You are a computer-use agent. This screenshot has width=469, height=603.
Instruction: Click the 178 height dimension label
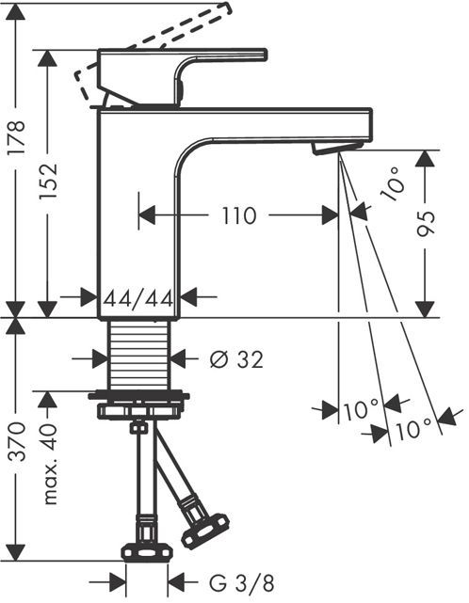pyautogui.click(x=17, y=137)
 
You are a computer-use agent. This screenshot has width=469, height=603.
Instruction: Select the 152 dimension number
pyautogui.click(x=49, y=182)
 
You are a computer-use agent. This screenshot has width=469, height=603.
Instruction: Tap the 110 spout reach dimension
pyautogui.click(x=238, y=215)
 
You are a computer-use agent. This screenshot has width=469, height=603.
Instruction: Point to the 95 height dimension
pyautogui.click(x=427, y=223)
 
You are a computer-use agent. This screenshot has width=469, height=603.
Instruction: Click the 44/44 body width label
pyautogui.click(x=138, y=298)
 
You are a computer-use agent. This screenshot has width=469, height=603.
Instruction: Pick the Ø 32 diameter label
pyautogui.click(x=236, y=359)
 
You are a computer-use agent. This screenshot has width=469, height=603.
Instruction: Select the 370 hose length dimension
pyautogui.click(x=17, y=441)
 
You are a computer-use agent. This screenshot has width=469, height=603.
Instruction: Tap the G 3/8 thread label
pyautogui.click(x=242, y=583)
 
